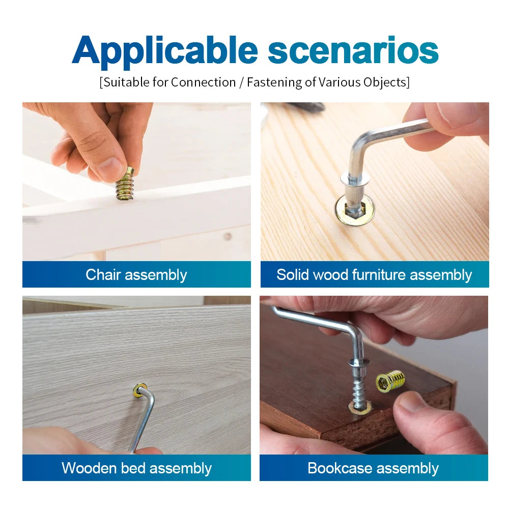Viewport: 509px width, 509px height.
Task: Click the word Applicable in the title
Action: click(165, 51)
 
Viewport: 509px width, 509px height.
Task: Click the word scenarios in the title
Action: click(353, 51)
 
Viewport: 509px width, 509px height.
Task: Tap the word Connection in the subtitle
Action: click(203, 82)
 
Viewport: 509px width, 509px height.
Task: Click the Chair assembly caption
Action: click(136, 275)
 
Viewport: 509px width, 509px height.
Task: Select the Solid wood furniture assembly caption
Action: click(374, 275)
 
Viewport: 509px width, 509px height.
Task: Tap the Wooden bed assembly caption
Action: click(136, 468)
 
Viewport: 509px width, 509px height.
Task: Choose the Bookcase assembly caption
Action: click(373, 468)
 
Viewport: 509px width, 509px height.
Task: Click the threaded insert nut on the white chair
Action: click(125, 184)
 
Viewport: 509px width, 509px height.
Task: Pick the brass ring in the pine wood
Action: click(354, 210)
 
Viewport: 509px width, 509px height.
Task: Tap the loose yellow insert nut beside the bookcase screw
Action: click(391, 381)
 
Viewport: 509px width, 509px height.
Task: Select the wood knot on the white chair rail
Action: click(227, 236)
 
